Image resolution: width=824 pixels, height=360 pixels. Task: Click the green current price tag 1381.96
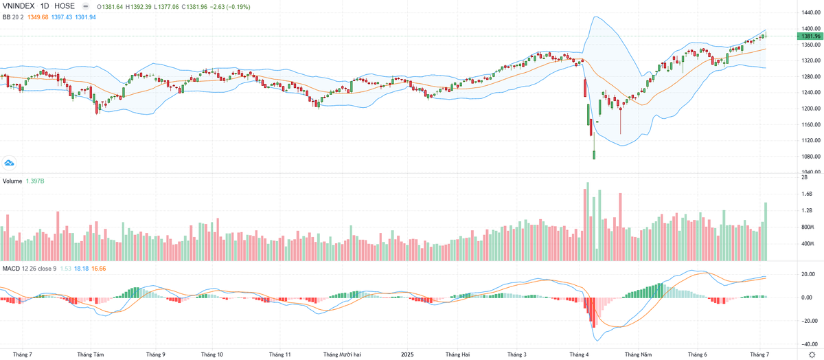click(x=811, y=36)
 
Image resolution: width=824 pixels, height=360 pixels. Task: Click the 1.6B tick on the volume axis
click(x=806, y=194)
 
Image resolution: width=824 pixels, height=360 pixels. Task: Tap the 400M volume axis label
click(x=808, y=244)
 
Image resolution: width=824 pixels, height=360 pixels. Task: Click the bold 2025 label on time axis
click(x=408, y=355)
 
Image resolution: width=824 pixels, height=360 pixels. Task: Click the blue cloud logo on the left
click(x=10, y=163)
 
